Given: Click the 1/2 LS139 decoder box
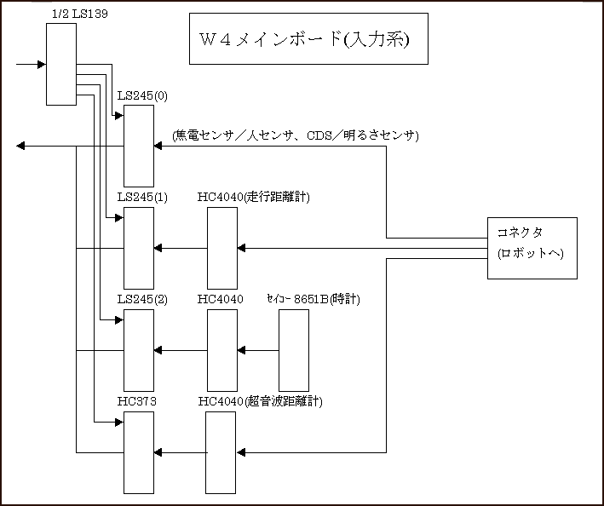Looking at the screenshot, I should pos(60,64).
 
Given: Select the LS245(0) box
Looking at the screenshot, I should pos(139,146).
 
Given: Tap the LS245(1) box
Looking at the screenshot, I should pos(139,247).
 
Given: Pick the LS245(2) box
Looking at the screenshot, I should pos(139,349).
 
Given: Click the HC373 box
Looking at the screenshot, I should pos(139,451).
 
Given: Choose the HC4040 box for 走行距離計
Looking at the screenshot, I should pos(223,247).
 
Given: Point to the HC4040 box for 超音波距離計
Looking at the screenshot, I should pos(223,451).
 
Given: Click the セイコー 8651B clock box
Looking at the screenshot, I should pos(294,349).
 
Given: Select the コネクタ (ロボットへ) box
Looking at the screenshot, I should pos(532,248).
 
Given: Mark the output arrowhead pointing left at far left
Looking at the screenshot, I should pos(20,146).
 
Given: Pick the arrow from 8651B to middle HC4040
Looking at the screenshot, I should pos(259,349).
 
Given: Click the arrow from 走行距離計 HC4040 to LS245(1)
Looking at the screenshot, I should pos(181,248).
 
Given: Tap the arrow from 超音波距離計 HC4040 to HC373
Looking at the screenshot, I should pos(181,451).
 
